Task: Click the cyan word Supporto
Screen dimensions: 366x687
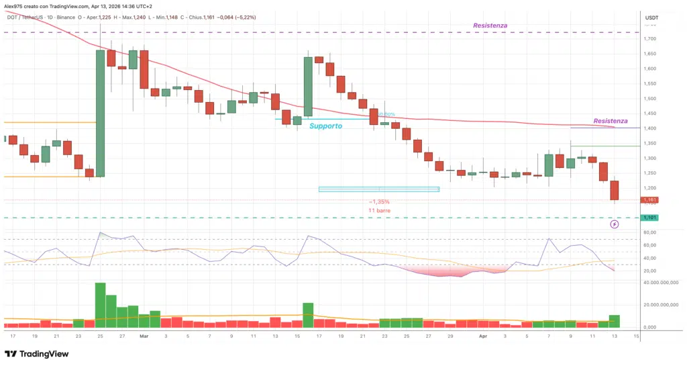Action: (x=325, y=126)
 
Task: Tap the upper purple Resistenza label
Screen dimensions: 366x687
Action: (x=489, y=25)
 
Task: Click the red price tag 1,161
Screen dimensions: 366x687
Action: (x=649, y=200)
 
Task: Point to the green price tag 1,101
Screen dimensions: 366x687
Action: (x=649, y=218)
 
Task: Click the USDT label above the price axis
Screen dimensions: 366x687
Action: (x=651, y=17)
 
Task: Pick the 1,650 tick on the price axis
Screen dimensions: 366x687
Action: (x=649, y=54)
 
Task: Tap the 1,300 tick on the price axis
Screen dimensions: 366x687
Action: (x=649, y=158)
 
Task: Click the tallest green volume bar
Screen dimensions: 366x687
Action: (x=100, y=305)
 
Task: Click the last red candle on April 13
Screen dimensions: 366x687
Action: (x=614, y=190)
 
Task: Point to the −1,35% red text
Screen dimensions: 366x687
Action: (x=379, y=201)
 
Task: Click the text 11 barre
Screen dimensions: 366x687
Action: (x=379, y=211)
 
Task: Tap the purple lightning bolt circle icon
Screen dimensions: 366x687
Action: (x=615, y=224)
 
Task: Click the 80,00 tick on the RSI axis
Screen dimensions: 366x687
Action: (x=649, y=233)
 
